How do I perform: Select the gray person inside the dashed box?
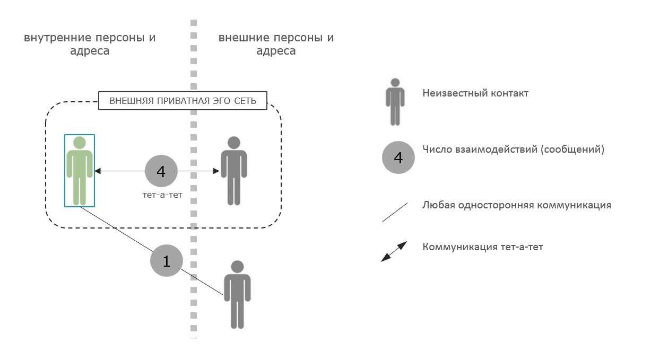(233, 171)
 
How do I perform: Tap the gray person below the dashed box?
(237, 294)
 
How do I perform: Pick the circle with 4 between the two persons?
(161, 171)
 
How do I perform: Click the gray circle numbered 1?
(167, 261)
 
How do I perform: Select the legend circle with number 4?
(398, 157)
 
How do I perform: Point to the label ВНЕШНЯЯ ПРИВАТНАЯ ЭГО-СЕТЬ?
(183, 101)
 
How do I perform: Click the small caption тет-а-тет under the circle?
(159, 196)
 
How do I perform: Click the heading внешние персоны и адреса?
(276, 45)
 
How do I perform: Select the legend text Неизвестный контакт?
(475, 93)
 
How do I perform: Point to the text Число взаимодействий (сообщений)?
(513, 149)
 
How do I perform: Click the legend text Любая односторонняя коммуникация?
(517, 205)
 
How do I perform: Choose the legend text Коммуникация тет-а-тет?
(483, 247)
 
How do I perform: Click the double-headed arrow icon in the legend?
(394, 251)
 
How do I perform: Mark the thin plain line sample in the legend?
(395, 212)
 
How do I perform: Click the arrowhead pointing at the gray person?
(216, 171)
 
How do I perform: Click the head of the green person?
(80, 143)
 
